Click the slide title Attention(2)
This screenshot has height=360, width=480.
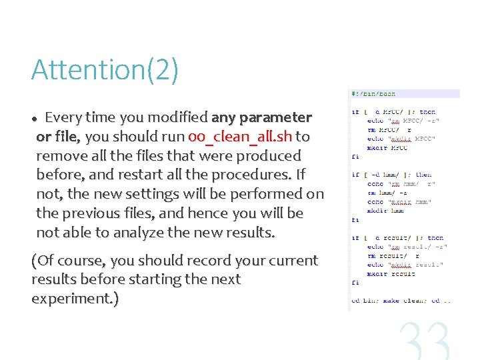(105, 70)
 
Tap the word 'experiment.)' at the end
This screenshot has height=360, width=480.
(75, 299)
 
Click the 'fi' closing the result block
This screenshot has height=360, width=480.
(356, 283)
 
